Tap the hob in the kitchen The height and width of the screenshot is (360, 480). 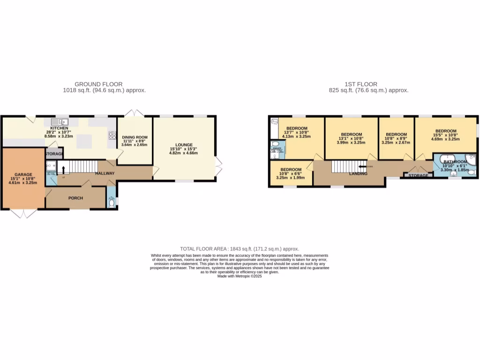coord(112,135)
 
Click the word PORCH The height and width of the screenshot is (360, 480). coord(75,198)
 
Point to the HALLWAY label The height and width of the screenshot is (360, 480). coord(105,173)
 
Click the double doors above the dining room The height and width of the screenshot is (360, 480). coord(134,112)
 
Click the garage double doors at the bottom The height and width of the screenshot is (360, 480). coord(23,213)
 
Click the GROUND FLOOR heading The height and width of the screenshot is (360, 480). coord(99,84)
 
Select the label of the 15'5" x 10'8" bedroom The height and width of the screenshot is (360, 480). coord(445,131)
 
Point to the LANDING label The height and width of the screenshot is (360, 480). coord(358,173)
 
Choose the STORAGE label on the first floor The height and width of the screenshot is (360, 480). coord(419,176)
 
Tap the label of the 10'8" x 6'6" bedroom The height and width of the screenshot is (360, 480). coord(291,170)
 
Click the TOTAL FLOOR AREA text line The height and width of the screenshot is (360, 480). coord(240,249)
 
